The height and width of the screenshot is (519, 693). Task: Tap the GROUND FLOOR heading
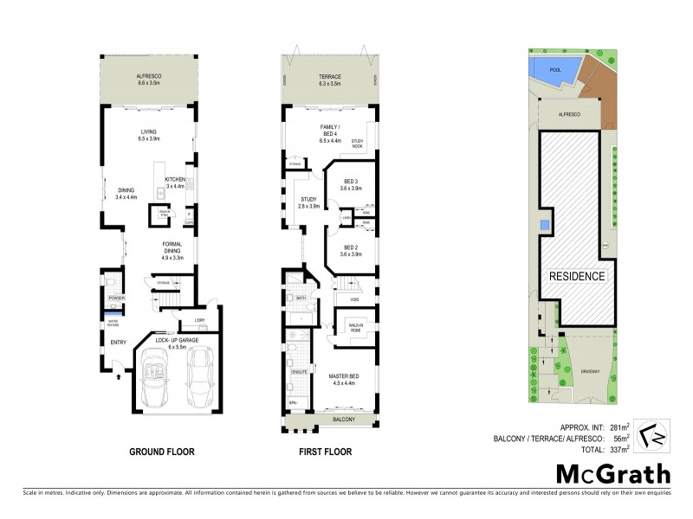pyautogui.click(x=161, y=452)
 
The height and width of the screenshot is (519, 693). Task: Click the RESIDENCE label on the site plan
pyautogui.click(x=576, y=276)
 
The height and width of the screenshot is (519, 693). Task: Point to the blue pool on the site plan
pyautogui.click(x=551, y=70)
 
